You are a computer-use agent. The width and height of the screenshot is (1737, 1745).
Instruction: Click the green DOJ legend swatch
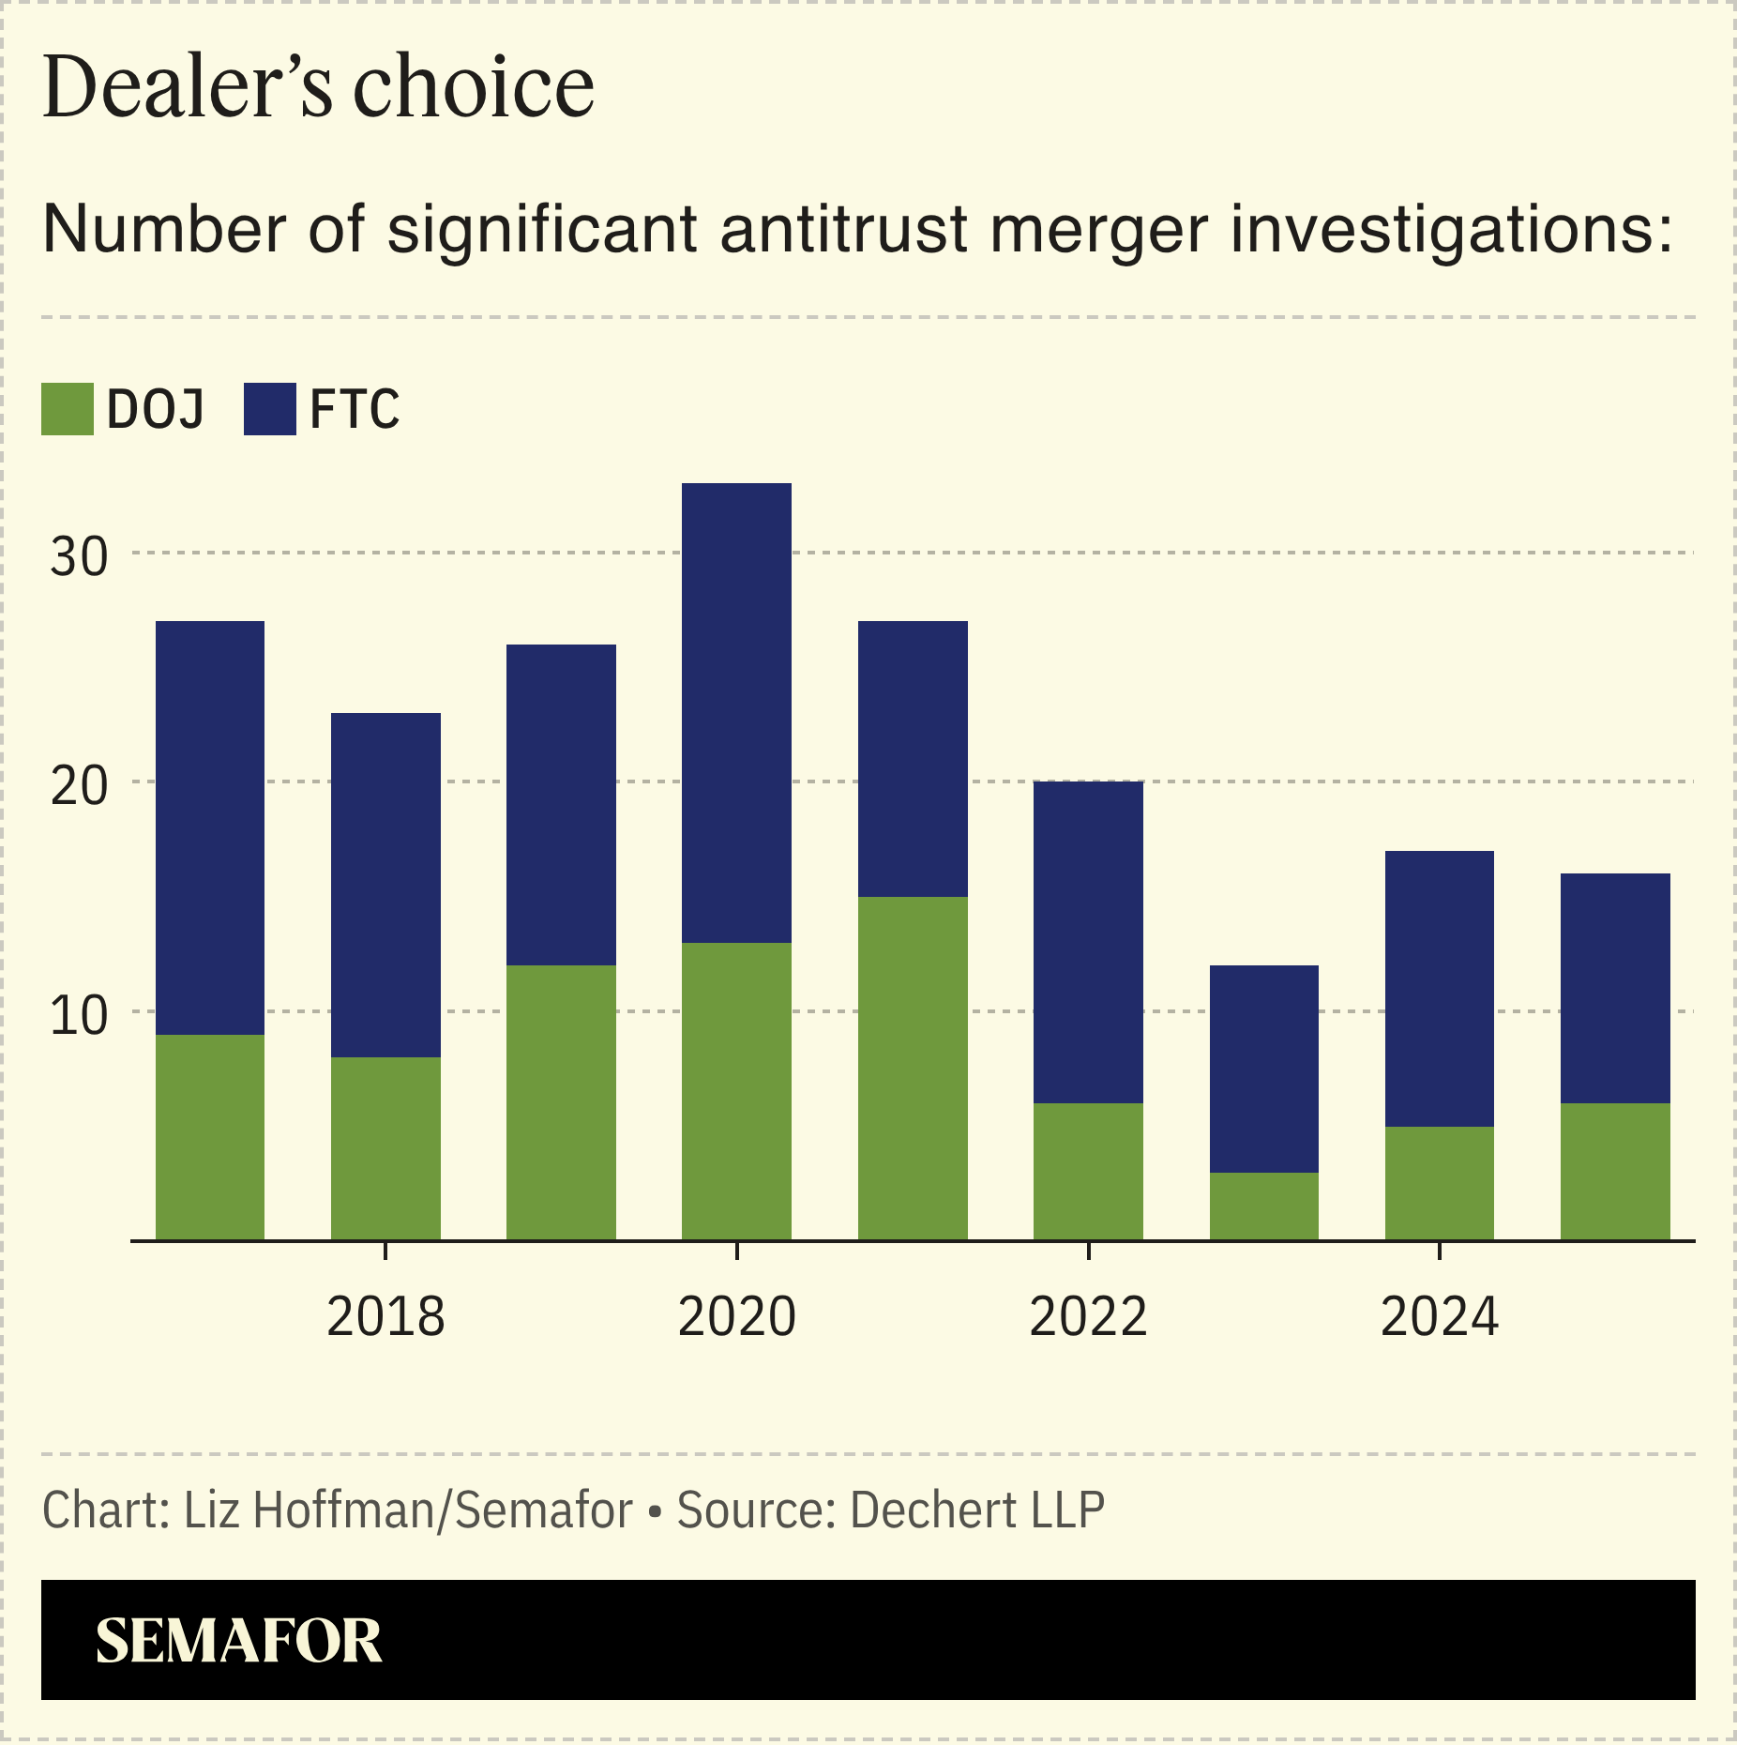coord(67,409)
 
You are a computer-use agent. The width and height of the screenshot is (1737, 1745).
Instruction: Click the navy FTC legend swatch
coord(269,409)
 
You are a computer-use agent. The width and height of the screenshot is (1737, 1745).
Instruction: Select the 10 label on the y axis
coord(79,1015)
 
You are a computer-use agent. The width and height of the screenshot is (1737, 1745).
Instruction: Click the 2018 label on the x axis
coord(385,1316)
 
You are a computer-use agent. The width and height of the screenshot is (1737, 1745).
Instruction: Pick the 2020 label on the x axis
coord(736,1316)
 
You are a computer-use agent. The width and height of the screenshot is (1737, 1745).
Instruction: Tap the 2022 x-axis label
coord(1088,1316)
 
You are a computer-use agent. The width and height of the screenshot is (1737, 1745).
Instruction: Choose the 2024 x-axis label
coord(1439,1316)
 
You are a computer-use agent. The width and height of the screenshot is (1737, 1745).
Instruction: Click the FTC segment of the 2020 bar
coord(736,713)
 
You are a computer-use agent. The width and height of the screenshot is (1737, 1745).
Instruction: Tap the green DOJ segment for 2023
coord(1263,1206)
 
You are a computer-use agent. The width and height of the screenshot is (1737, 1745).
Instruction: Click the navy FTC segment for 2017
coord(209,827)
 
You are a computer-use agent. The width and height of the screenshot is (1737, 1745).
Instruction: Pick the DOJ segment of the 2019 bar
coord(561,1102)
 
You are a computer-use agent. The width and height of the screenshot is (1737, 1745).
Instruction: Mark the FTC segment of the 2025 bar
coord(1615,988)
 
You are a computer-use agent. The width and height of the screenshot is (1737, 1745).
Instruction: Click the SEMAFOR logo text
coord(238,1641)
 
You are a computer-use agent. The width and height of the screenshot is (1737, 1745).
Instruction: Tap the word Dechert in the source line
coord(933,1510)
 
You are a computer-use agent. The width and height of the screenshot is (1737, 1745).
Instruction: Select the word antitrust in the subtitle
coord(843,229)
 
